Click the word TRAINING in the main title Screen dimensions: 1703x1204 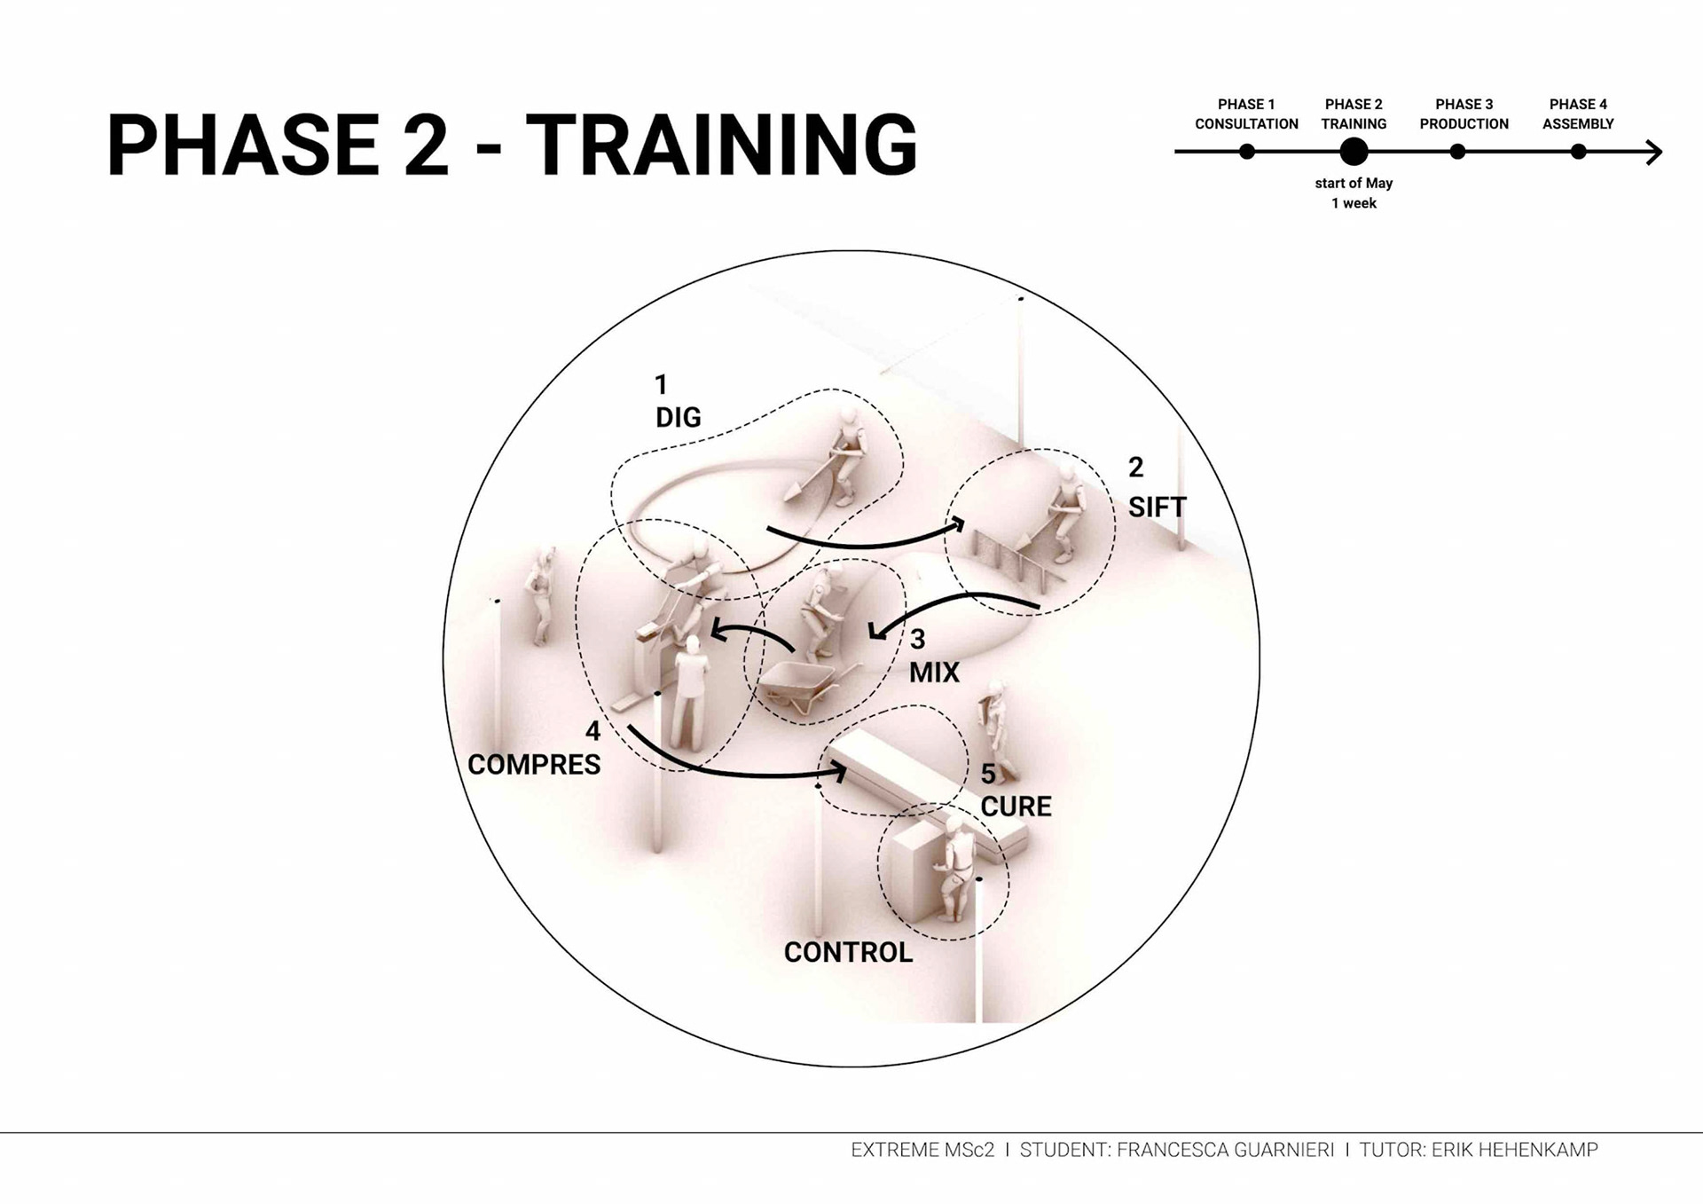721,145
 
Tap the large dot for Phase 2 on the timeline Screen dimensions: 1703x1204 1354,152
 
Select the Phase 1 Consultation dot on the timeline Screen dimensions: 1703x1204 1247,152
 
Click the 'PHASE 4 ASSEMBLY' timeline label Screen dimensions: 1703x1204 1578,114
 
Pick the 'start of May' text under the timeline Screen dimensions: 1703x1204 1354,183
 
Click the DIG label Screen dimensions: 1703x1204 678,417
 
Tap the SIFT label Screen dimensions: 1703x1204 1157,508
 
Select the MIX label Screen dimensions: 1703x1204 934,673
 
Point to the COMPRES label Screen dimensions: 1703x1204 534,765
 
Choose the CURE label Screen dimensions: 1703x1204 1016,807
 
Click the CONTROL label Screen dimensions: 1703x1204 848,952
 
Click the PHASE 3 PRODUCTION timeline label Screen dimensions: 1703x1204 1464,114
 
